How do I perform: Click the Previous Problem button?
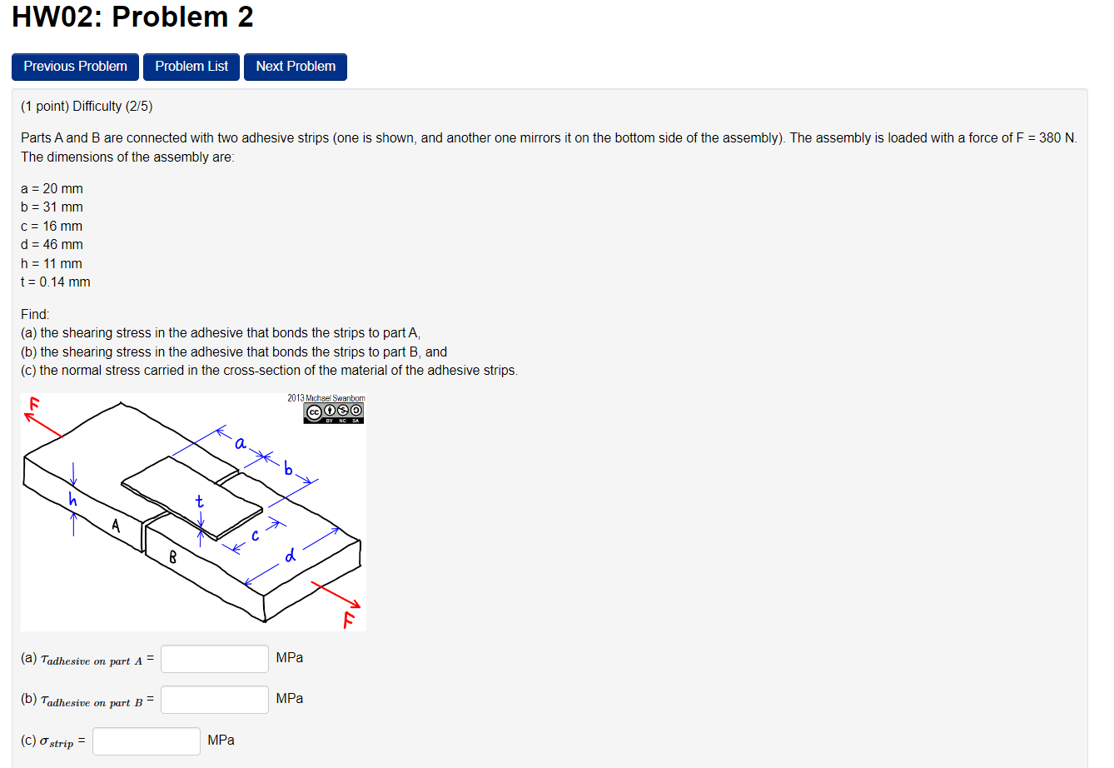[75, 67]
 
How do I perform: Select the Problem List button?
[191, 67]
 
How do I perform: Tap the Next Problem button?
[296, 67]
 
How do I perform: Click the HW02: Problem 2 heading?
[132, 17]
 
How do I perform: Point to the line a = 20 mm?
[52, 189]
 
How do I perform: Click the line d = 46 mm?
[52, 245]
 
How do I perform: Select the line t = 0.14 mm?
[56, 282]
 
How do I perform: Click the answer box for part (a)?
[215, 659]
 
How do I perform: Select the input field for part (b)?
[215, 700]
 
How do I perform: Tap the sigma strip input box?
[147, 741]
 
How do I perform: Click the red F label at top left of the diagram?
[34, 404]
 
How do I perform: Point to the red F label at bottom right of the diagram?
[349, 619]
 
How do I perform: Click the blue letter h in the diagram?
[72, 500]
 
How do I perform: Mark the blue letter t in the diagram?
[199, 501]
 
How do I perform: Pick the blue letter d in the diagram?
[290, 555]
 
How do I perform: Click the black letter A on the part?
[116, 526]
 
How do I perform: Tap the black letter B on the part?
[172, 556]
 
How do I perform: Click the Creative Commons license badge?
[334, 412]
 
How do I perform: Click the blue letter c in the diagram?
[256, 536]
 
